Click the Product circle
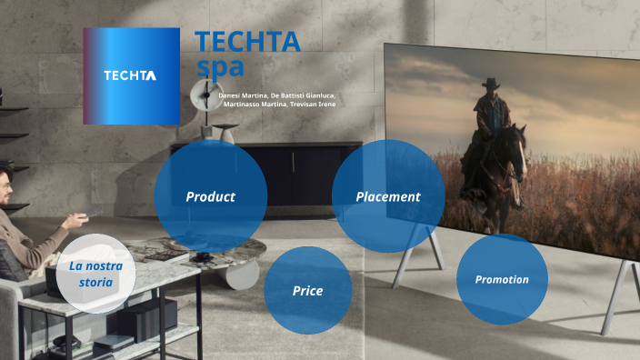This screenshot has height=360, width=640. [x=210, y=196]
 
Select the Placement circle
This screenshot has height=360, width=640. [x=387, y=196]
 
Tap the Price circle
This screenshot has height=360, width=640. [x=307, y=291]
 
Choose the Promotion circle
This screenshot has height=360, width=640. [x=502, y=279]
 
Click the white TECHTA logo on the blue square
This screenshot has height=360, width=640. [x=130, y=75]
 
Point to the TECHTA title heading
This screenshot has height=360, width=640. [x=247, y=42]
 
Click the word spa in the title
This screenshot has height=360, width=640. [x=220, y=66]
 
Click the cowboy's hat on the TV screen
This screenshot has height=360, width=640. [x=492, y=84]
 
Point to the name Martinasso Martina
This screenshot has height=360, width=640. [x=253, y=105]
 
